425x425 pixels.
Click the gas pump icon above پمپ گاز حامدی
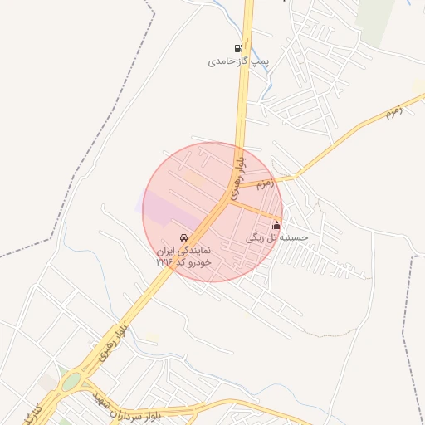tap(239, 48)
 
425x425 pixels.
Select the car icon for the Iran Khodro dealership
tap(183, 237)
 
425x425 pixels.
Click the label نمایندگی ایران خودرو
tap(184, 250)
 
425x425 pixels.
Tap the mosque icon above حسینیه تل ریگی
tap(276, 225)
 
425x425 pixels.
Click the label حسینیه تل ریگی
tap(277, 237)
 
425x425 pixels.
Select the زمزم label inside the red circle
tap(260, 183)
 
